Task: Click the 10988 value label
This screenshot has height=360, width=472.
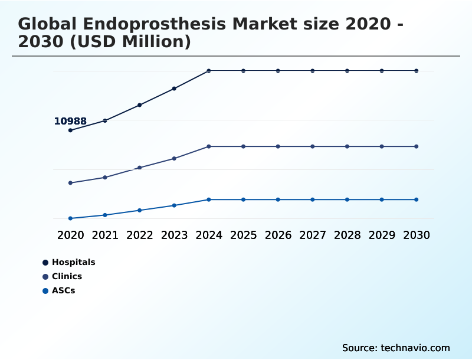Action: coord(70,122)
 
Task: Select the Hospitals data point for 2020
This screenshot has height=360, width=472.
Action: coord(70,130)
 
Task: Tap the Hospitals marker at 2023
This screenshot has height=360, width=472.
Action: coord(174,89)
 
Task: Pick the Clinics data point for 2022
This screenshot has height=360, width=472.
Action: coord(140,168)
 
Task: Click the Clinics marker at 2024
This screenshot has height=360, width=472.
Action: coord(209,146)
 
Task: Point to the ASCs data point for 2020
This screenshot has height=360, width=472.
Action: coord(70,218)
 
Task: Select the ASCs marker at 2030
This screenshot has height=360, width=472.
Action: coord(417,199)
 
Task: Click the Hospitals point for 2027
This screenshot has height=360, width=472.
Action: coord(313,71)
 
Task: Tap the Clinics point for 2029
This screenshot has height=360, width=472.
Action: coord(382,146)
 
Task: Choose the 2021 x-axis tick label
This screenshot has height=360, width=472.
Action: coord(105,235)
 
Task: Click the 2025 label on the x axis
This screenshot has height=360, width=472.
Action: coord(243,235)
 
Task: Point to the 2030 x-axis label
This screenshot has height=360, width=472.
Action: coord(417,235)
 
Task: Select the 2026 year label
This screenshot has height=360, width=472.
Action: coord(278,235)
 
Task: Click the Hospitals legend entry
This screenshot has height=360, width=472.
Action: coord(73,262)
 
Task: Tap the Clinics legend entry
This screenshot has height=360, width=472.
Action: coord(67,276)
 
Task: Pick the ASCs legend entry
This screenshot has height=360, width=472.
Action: coord(63,290)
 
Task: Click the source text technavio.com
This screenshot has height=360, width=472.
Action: coord(415,348)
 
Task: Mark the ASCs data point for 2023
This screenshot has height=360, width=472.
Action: coord(174,205)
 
